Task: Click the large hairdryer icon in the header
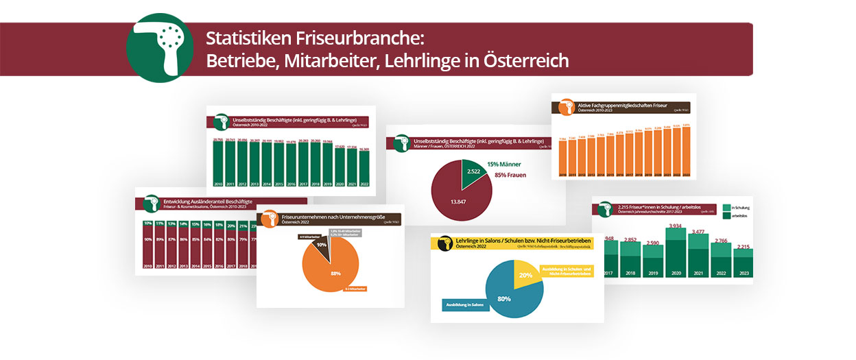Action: (160, 48)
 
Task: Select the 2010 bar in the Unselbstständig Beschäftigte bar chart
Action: (217, 165)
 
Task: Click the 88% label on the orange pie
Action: (335, 274)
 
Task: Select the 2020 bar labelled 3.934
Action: (676, 254)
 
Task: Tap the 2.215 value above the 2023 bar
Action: (743, 245)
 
